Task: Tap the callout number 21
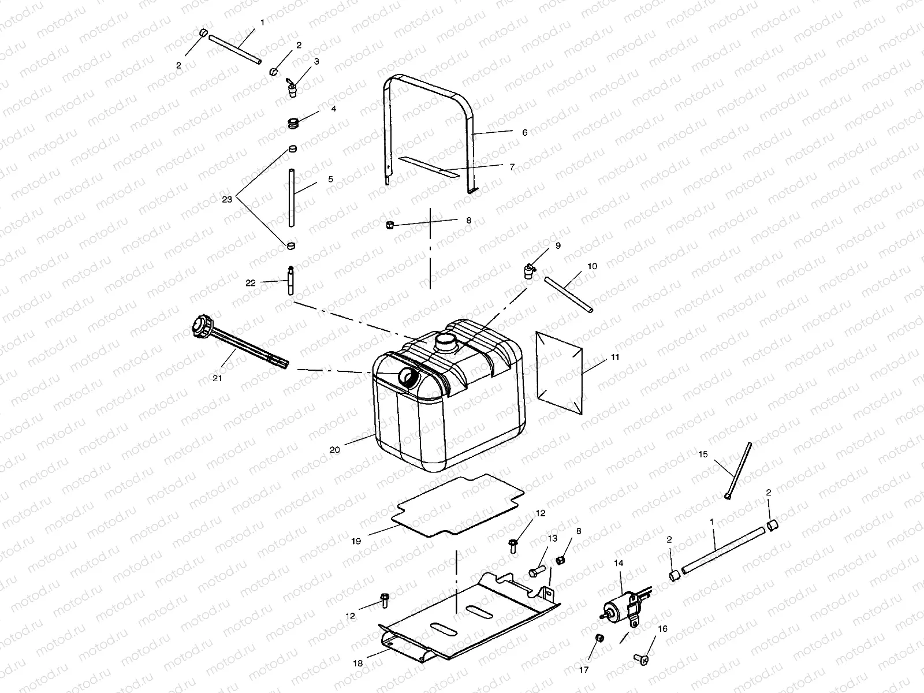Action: tap(217, 378)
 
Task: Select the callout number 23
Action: tap(227, 199)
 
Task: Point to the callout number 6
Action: tap(524, 132)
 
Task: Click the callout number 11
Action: tap(615, 357)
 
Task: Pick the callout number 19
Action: tap(356, 541)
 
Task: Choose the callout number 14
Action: tap(619, 562)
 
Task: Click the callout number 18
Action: tap(358, 664)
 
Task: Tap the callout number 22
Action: tap(250, 282)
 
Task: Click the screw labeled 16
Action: tap(640, 657)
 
